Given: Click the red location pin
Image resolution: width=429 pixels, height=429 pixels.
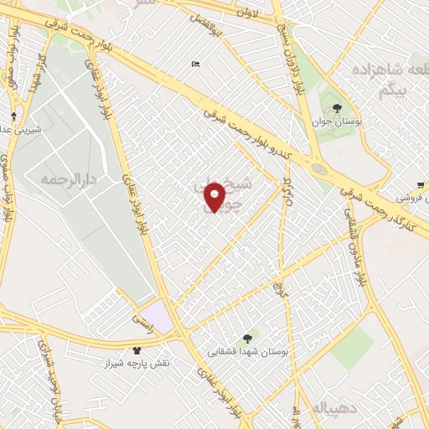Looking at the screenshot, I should (x=215, y=198).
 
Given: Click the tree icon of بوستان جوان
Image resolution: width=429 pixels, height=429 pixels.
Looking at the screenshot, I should (x=336, y=108).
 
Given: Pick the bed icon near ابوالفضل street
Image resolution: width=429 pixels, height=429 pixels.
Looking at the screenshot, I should (x=195, y=64).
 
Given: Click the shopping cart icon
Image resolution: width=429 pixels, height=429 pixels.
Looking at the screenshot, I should (x=420, y=185).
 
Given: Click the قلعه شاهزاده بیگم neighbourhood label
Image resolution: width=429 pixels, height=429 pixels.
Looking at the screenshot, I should (x=381, y=77).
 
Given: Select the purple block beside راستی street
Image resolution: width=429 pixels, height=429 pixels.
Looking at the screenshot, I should (x=161, y=316).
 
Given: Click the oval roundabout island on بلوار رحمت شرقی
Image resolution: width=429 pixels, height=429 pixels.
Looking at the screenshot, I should (x=319, y=169).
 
